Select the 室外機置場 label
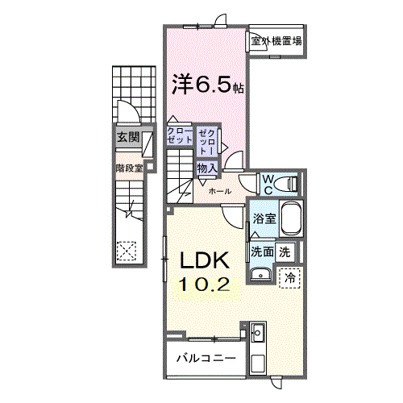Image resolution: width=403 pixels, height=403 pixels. click(276, 40)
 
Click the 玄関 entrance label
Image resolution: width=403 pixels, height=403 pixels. click(127, 137)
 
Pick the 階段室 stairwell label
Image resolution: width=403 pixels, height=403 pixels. click(128, 168)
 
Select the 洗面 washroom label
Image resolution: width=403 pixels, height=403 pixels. click(261, 251)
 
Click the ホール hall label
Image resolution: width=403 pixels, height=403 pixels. click(220, 192)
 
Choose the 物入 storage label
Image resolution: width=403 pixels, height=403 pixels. click(207, 168)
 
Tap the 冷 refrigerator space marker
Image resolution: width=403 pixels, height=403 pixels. click(289, 276)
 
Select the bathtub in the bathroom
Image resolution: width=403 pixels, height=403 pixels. click(292, 218)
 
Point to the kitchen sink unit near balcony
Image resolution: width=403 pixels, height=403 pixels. click(258, 333)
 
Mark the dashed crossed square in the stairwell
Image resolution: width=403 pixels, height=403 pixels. click(126, 251)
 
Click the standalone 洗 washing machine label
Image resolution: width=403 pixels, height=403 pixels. click(285, 251)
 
